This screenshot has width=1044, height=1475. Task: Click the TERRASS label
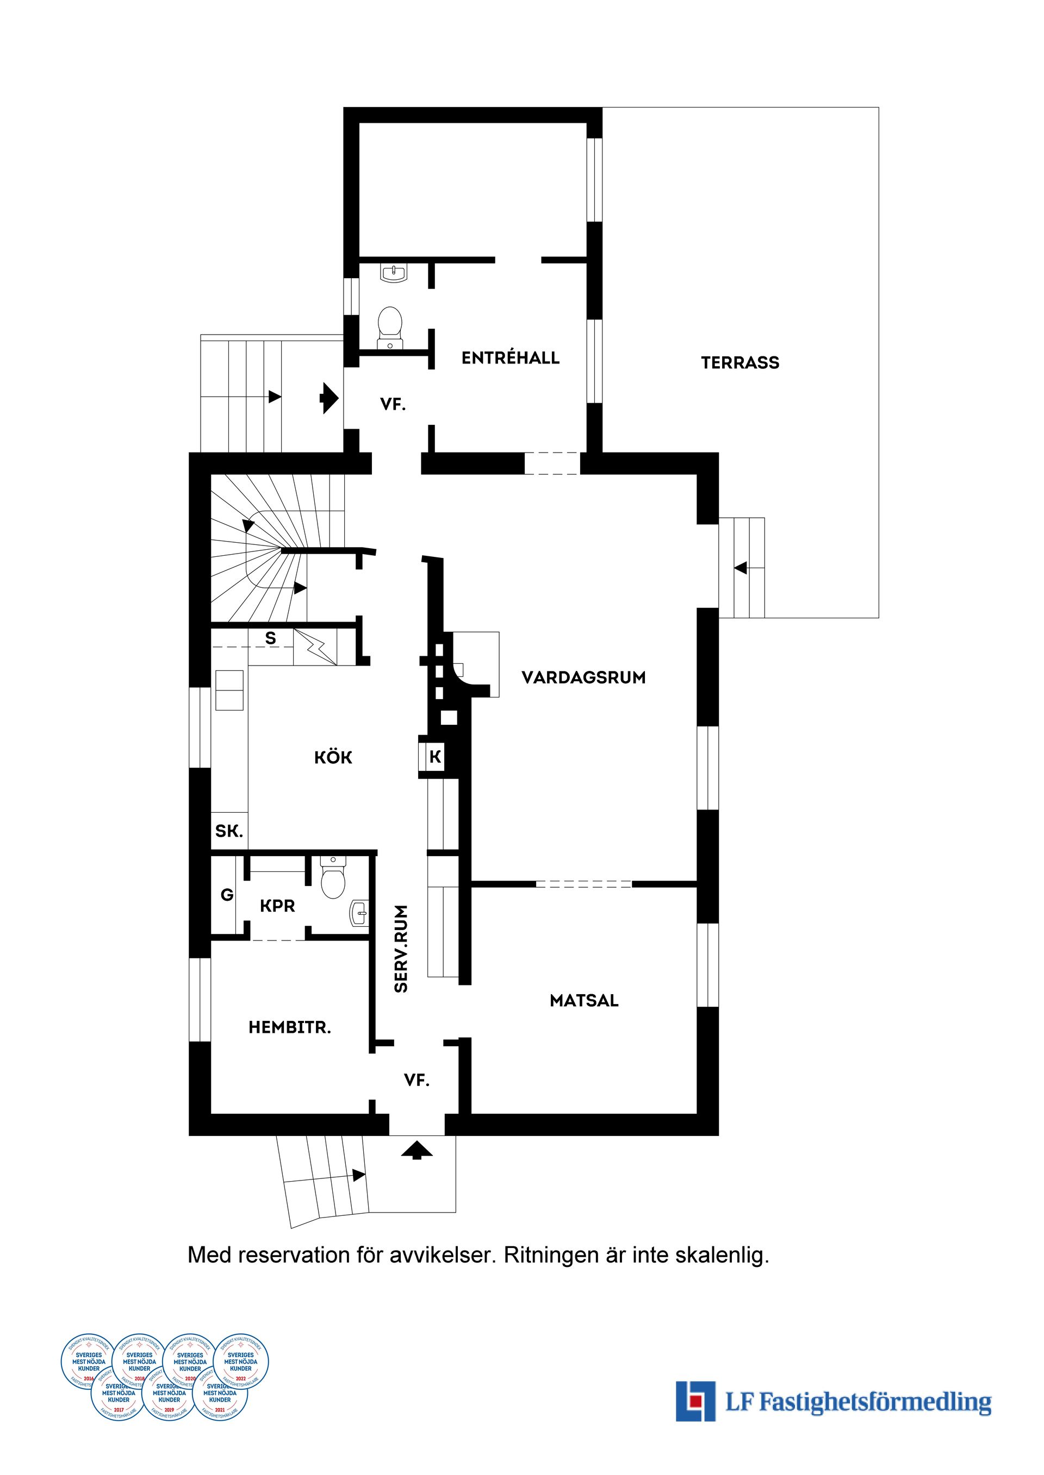[740, 363]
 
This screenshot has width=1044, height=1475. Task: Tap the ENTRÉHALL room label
[511, 358]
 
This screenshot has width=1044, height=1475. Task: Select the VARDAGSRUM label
[583, 678]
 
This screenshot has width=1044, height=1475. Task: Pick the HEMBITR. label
[289, 1028]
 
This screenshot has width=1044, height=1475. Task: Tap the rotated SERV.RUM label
[401, 949]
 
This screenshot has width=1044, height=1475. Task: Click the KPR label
[277, 906]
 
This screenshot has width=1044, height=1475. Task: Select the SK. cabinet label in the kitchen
[229, 831]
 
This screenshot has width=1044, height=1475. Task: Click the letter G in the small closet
[227, 894]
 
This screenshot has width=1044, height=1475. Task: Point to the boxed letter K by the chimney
[435, 757]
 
